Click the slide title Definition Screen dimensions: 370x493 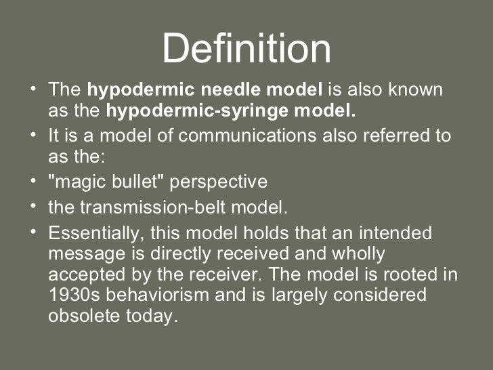click(x=246, y=49)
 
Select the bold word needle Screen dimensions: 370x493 click(x=206, y=90)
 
